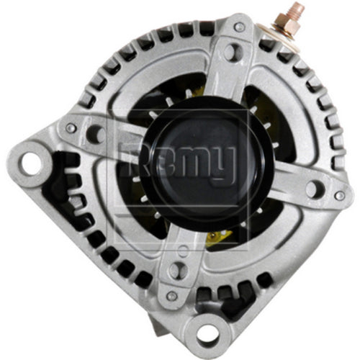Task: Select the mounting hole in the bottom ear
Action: click(x=210, y=333)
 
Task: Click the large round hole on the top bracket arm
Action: click(x=230, y=52)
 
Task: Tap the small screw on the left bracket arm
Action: click(x=70, y=127)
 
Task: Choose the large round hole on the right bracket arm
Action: click(x=313, y=189)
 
